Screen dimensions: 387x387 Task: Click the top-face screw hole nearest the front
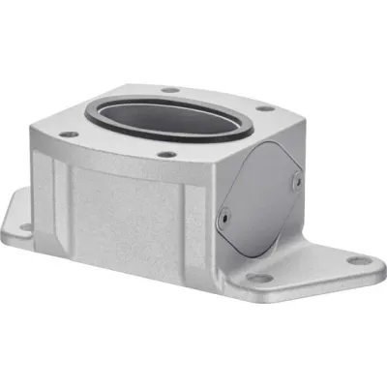167,154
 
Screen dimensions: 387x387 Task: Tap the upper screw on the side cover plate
296,179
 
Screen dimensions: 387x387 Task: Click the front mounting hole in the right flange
258,277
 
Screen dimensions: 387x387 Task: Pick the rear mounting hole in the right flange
359,259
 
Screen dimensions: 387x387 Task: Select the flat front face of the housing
145,223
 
